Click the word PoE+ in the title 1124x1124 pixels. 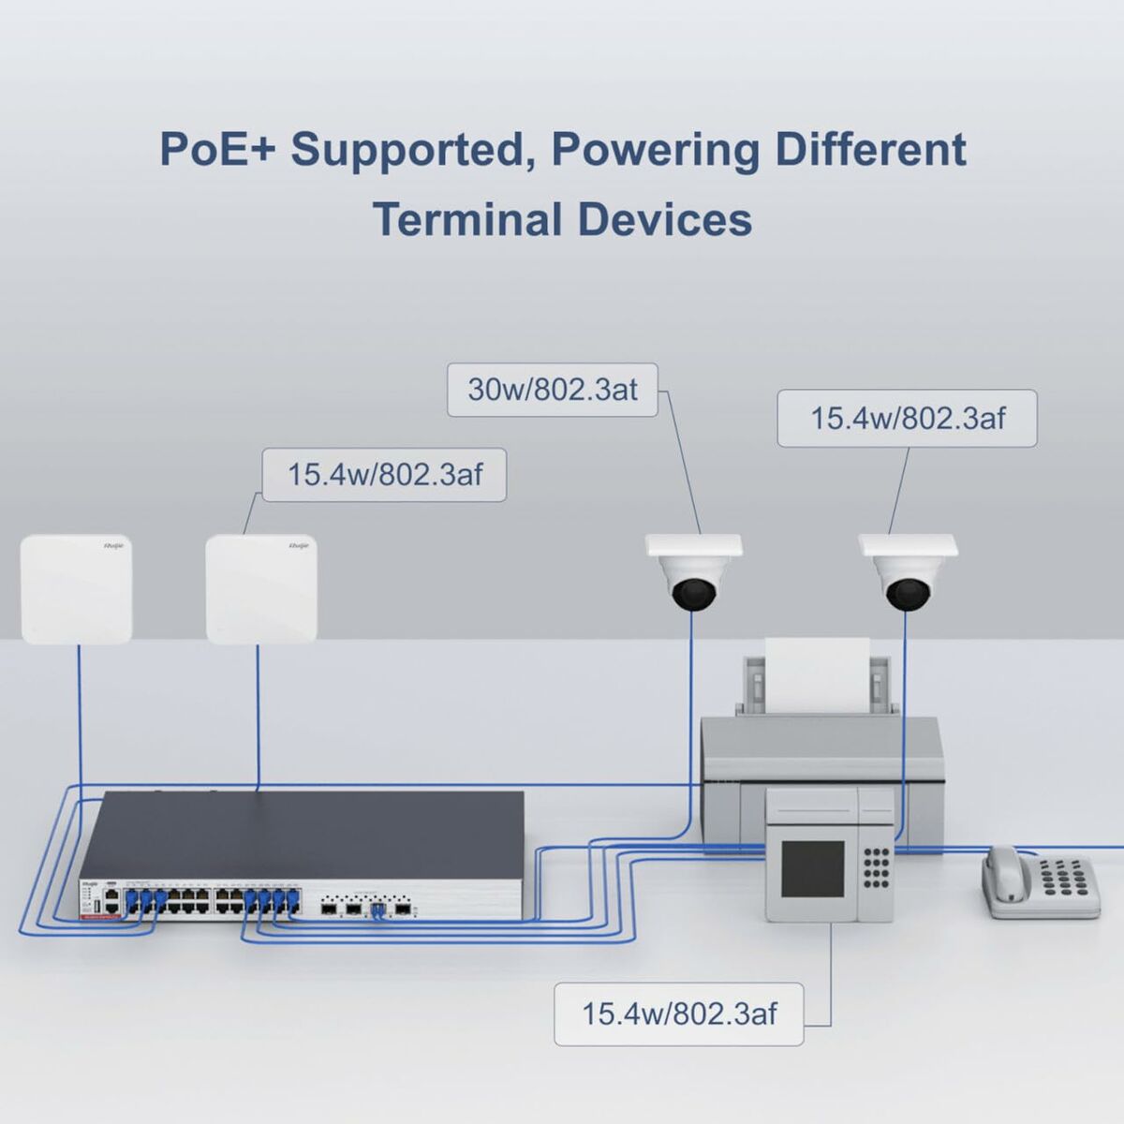coord(217,150)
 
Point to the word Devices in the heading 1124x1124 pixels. coord(664,220)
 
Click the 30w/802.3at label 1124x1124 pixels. coord(553,390)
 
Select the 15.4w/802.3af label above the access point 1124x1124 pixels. coord(384,474)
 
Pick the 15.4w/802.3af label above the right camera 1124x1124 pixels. coord(907,418)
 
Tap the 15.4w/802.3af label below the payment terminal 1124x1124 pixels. coord(679,1013)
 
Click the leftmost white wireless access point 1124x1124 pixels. coord(76,588)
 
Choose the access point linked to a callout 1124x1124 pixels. coord(261,588)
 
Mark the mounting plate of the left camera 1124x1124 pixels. coord(693,545)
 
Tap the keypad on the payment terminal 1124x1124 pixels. coord(876,866)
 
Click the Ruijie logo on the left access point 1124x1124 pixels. coord(113,545)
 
